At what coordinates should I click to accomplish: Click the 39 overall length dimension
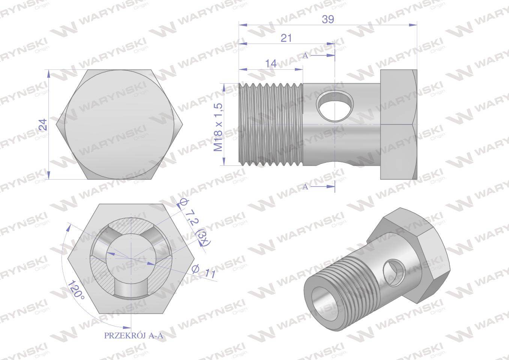[328, 19]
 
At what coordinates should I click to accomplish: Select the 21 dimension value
[286, 38]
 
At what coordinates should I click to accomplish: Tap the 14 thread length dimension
[271, 63]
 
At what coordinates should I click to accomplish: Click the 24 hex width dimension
[44, 124]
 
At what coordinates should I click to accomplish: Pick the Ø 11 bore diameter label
[204, 271]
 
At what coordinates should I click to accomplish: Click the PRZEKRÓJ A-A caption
[133, 336]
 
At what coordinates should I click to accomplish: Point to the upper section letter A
[305, 55]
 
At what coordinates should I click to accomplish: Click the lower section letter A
[305, 186]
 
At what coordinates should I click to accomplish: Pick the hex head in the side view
[398, 124]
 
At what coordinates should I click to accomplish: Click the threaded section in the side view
[271, 124]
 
